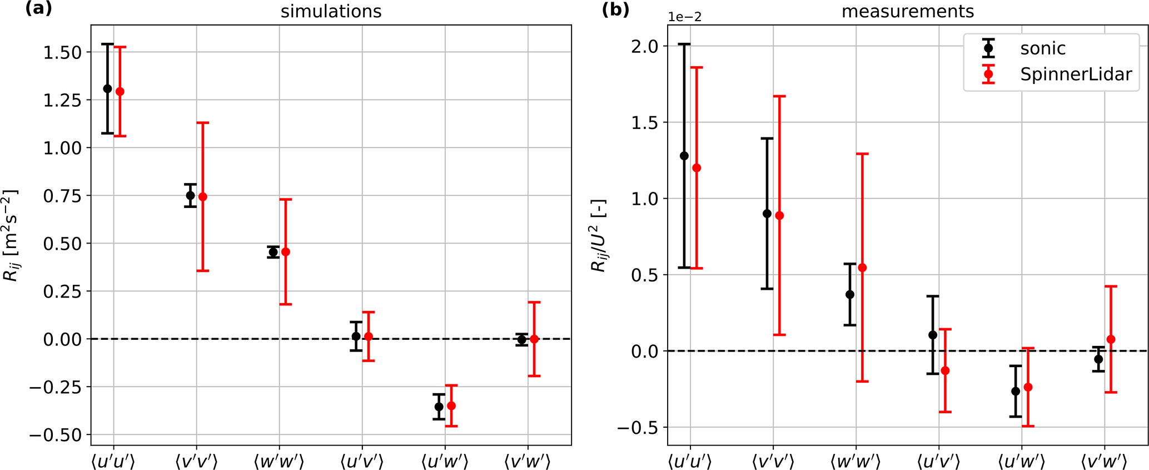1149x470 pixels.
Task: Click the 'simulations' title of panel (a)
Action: coord(331,12)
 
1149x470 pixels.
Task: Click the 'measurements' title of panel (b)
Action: coord(907,12)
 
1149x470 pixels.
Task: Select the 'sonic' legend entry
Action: coord(1042,49)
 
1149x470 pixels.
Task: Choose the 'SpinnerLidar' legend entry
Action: coord(1076,75)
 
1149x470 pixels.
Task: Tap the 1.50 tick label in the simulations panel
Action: coord(62,53)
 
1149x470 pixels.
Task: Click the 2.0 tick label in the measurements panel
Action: coord(645,46)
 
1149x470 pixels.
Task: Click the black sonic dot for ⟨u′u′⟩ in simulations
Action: coord(107,89)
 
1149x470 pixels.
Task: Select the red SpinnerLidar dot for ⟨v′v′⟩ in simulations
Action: coord(203,197)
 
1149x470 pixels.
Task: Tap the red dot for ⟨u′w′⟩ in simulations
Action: coord(451,406)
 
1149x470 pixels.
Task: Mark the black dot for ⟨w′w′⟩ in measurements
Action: coord(850,295)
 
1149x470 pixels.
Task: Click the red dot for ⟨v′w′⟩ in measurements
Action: coord(1111,339)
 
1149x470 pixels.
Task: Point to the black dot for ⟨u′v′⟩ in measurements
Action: coord(933,335)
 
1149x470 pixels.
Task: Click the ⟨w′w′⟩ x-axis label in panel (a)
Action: coord(278,462)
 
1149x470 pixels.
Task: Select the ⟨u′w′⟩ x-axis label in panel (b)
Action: coord(1022,462)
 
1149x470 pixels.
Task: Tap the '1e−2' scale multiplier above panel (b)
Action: coord(685,17)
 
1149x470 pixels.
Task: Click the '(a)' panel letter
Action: coord(39,9)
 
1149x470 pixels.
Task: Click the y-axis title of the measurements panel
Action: coord(599,235)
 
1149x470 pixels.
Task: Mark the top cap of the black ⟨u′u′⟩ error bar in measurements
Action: coord(684,44)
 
